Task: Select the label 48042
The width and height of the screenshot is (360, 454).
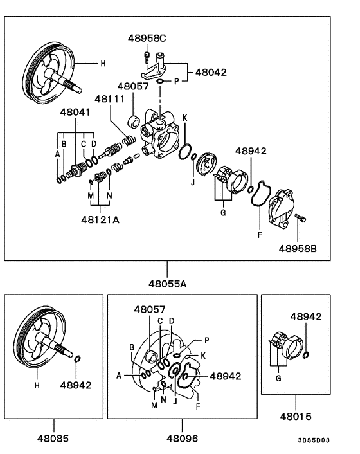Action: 210,73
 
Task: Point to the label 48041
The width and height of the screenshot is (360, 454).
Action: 75,112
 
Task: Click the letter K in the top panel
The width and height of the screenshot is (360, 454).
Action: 184,118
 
